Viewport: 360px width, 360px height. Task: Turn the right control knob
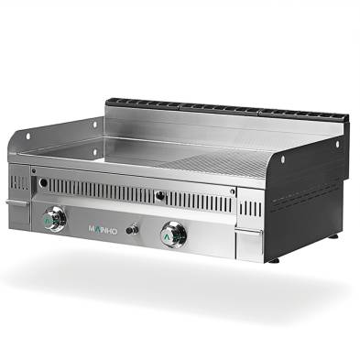tap(173, 234)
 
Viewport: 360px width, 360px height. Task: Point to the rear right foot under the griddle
tap(333, 235)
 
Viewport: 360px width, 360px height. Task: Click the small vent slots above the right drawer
tap(248, 208)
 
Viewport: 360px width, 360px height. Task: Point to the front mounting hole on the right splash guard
tap(283, 160)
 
